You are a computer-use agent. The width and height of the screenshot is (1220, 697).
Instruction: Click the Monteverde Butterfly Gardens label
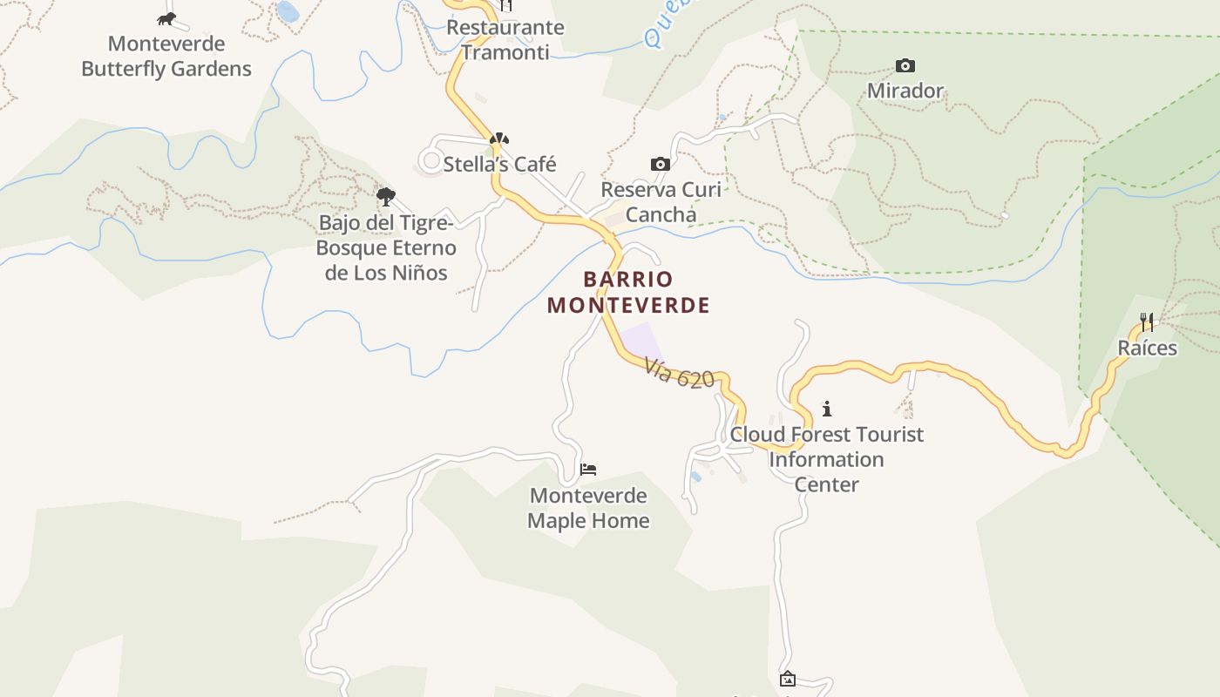pyautogui.click(x=166, y=56)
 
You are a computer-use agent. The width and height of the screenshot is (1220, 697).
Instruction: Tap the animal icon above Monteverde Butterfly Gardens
pyautogui.click(x=166, y=18)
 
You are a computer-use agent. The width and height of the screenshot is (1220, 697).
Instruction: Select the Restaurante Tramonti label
pyautogui.click(x=505, y=39)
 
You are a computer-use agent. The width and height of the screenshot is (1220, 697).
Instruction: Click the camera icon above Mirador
pyautogui.click(x=905, y=65)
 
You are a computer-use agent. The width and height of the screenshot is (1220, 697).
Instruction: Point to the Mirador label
pyautogui.click(x=905, y=91)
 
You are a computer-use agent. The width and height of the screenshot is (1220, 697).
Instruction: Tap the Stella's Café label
pyautogui.click(x=499, y=164)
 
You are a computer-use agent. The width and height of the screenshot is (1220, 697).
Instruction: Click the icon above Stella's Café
pyautogui.click(x=498, y=139)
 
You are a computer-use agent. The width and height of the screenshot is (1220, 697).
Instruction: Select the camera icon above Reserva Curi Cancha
pyautogui.click(x=661, y=164)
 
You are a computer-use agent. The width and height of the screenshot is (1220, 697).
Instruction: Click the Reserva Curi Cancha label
pyautogui.click(x=661, y=202)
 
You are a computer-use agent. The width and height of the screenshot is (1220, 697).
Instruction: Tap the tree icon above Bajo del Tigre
pyautogui.click(x=385, y=197)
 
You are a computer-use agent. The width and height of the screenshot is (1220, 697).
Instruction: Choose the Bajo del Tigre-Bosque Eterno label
pyautogui.click(x=386, y=247)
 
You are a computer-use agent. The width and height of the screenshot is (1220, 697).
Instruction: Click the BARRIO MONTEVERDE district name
pyautogui.click(x=628, y=292)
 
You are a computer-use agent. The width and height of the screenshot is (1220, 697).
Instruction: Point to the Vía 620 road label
pyautogui.click(x=680, y=374)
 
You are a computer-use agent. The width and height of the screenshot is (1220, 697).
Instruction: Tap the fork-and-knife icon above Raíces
pyautogui.click(x=1147, y=322)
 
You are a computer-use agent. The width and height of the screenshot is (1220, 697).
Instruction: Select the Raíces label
pyautogui.click(x=1147, y=348)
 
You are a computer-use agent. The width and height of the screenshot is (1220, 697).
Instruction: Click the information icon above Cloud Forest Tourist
pyautogui.click(x=827, y=409)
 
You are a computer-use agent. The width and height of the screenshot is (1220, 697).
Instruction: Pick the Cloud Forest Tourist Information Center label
pyautogui.click(x=826, y=459)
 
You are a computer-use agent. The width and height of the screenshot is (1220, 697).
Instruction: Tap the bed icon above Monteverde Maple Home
pyautogui.click(x=588, y=470)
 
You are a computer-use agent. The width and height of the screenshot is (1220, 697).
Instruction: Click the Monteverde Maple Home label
pyautogui.click(x=589, y=508)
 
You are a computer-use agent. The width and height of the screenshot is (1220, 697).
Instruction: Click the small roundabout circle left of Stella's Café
pyautogui.click(x=430, y=160)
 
